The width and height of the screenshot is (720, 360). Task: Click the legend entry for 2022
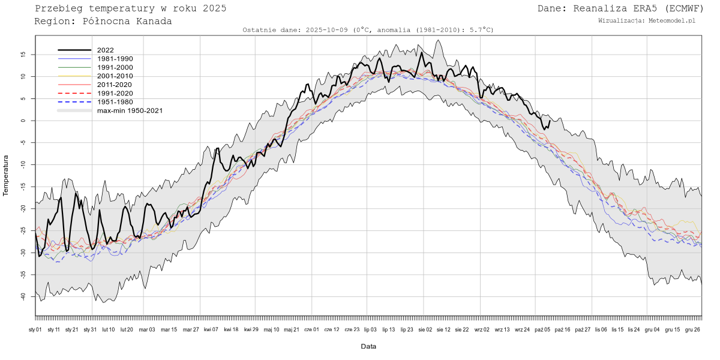pyautogui.click(x=106, y=50)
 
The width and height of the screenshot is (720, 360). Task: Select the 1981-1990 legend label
pyautogui.click(x=115, y=59)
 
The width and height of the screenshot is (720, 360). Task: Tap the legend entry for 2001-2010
pyautogui.click(x=115, y=76)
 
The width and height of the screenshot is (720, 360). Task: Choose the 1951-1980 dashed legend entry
pyautogui.click(x=115, y=102)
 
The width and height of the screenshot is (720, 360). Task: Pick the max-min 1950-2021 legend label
pyautogui.click(x=130, y=110)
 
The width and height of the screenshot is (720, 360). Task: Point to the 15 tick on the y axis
pyautogui.click(x=23, y=55)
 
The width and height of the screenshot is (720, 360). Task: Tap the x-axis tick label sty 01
pyautogui.click(x=35, y=329)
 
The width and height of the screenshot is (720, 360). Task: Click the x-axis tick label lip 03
pyautogui.click(x=370, y=329)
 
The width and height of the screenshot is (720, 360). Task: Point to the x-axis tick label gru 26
pyautogui.click(x=692, y=329)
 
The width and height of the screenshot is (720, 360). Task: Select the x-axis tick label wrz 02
pyautogui.click(x=482, y=329)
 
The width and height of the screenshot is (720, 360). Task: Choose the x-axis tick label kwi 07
pyautogui.click(x=211, y=329)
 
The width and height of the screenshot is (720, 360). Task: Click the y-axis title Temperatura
pyautogui.click(x=6, y=175)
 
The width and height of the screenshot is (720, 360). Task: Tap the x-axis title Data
pyautogui.click(x=368, y=346)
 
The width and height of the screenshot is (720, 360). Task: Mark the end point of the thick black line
pyautogui.click(x=550, y=121)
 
